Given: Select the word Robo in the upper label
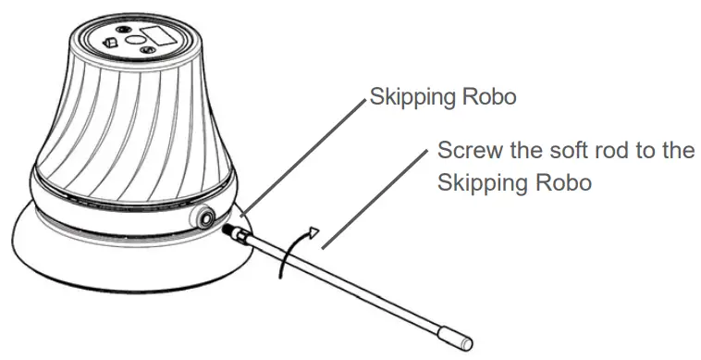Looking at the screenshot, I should click(x=482, y=96).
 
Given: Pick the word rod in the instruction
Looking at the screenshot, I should click(x=606, y=150).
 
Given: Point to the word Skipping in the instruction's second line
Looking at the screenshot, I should click(x=481, y=181).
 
